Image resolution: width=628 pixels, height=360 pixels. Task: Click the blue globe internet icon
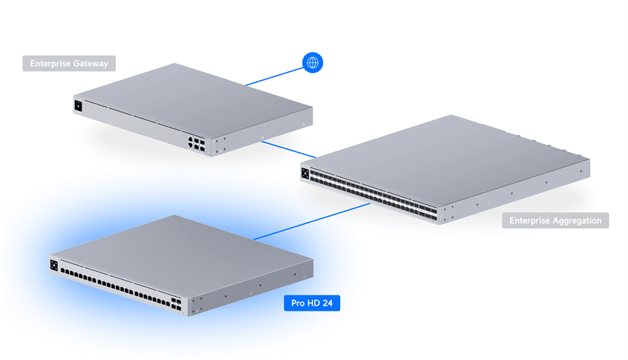point(313,63)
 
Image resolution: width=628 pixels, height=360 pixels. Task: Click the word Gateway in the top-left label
point(90,64)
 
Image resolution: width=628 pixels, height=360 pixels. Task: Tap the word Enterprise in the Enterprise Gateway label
point(51,64)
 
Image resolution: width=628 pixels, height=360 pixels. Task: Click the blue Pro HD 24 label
point(312,303)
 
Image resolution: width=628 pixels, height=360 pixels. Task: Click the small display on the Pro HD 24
point(54,265)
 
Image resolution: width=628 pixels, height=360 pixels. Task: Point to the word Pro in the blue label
point(297,303)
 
